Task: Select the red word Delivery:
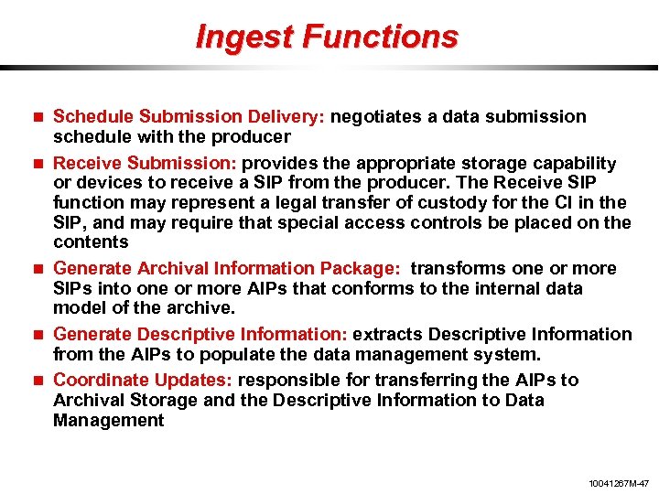click(x=290, y=117)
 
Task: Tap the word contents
click(x=90, y=242)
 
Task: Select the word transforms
click(x=457, y=269)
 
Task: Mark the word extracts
click(x=387, y=335)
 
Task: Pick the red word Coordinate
click(x=101, y=381)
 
